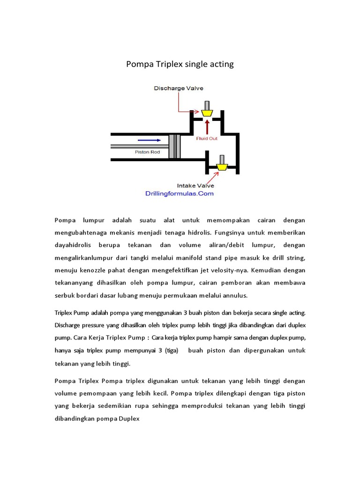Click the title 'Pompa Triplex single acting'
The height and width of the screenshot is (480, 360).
(180, 64)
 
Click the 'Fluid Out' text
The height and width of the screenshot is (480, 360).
(207, 138)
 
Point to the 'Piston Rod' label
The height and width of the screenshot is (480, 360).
(147, 152)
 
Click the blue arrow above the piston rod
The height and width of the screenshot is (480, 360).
(149, 140)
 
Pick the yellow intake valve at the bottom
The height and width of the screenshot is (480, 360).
(222, 166)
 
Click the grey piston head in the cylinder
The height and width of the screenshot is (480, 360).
(174, 146)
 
